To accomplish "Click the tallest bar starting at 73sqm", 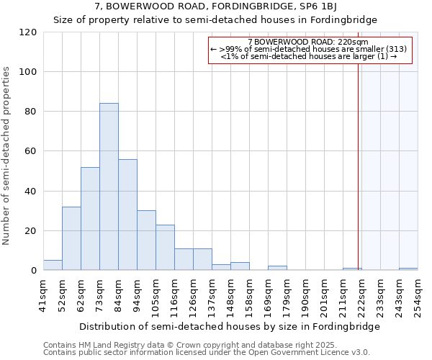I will point(109,187).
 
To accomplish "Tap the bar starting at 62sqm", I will point(90,219).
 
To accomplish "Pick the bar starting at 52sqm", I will point(71,238).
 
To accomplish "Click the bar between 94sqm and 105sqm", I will point(146,240).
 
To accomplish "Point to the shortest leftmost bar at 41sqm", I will point(53,265).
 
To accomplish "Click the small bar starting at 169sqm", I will point(277,268).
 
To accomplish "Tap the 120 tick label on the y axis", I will point(28,32).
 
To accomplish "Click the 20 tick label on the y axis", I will point(31,231).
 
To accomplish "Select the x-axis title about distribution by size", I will point(229,326).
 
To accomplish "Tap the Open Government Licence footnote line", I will point(207,352).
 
